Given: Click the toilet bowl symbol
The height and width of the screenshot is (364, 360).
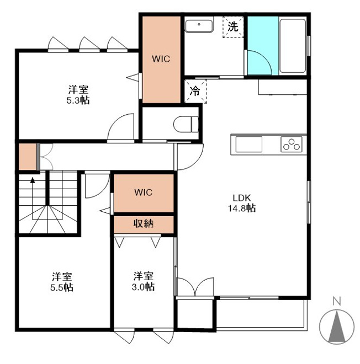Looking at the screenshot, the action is point(186,124).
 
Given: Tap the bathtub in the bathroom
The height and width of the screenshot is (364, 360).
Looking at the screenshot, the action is point(293,46).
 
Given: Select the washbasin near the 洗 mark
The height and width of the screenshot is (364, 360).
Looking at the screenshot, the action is point(199,26).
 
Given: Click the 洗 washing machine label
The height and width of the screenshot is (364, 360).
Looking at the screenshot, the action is point(233,26).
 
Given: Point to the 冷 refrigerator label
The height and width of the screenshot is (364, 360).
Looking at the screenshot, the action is point(195,91).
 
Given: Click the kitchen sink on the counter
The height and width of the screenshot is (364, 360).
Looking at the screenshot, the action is point(249,144).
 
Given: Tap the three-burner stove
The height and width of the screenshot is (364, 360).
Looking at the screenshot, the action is point(292,144).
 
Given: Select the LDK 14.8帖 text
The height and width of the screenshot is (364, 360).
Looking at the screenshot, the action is point(242,203).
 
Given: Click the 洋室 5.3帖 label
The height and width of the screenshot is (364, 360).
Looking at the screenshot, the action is point(78,95).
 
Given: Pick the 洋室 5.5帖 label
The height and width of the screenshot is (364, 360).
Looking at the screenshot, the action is point(62,282).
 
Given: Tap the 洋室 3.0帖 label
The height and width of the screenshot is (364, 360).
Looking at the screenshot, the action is point(143,281).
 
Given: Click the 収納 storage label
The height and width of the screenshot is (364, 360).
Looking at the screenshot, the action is point(144,223).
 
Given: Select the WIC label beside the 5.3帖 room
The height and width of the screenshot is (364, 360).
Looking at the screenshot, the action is point(161,58).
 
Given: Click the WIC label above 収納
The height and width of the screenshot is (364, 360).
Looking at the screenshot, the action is point(144,192).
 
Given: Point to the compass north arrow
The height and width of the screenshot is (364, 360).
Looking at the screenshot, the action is point(337,327).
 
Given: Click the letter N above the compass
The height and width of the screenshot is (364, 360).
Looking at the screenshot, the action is point(337,301).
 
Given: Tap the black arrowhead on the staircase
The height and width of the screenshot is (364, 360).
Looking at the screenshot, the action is point(33,180).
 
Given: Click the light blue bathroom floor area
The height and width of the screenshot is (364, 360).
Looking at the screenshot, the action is point(263,46).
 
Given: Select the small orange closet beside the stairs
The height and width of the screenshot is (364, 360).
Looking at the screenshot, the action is point(28,157).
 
